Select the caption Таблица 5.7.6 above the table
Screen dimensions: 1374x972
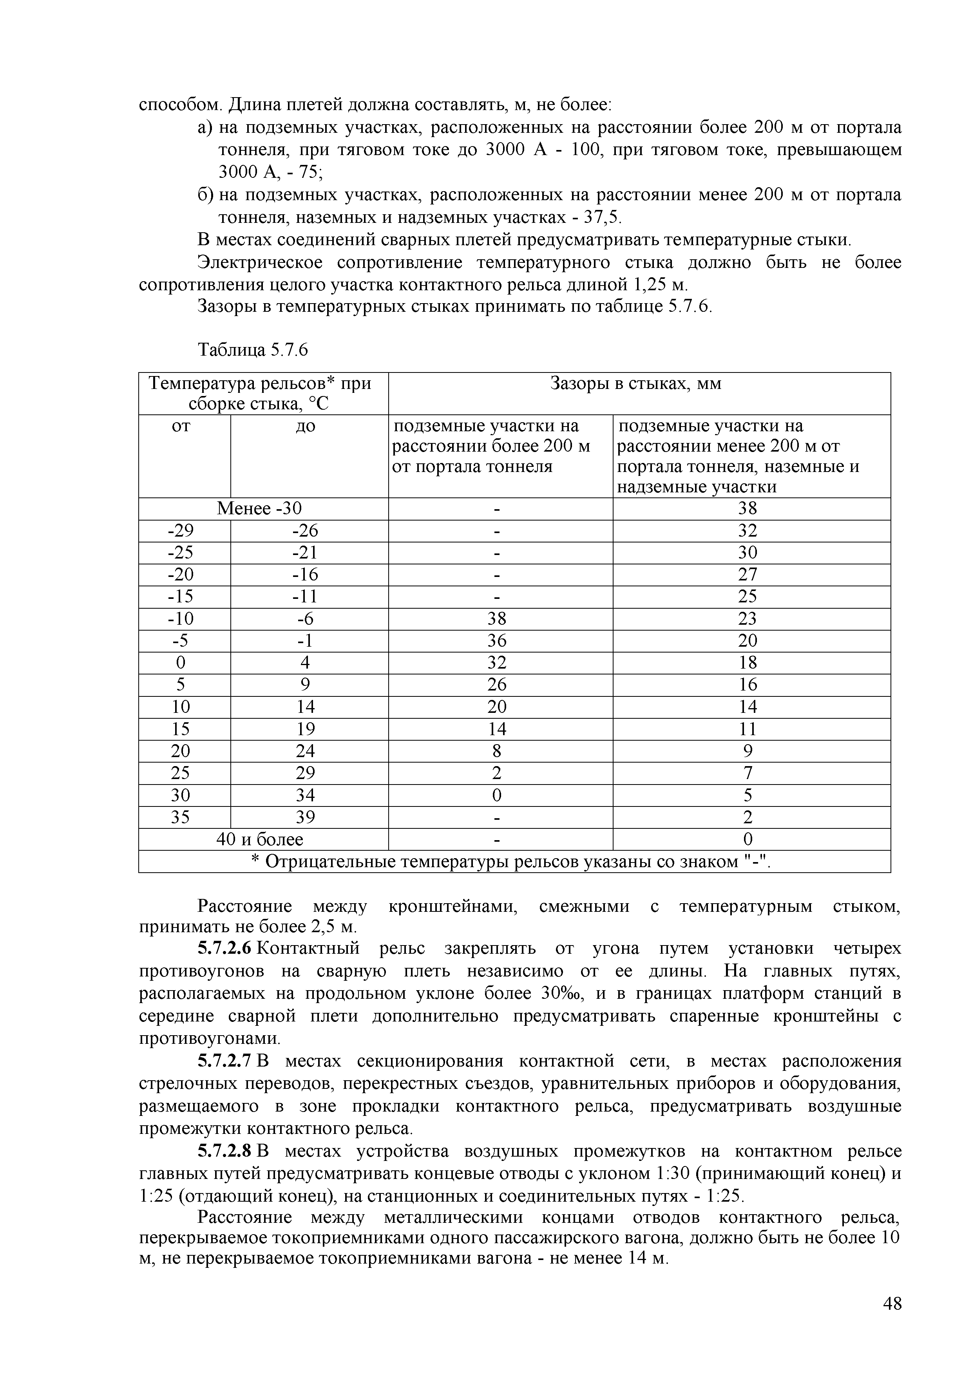[x=253, y=349]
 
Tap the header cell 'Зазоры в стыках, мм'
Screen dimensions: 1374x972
[x=635, y=383]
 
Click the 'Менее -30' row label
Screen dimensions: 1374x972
[x=259, y=509]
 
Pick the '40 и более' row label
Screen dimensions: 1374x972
[x=259, y=840]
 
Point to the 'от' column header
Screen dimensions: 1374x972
[x=181, y=426]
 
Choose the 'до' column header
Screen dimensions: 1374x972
[x=306, y=426]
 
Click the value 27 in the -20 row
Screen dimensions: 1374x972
[x=748, y=575]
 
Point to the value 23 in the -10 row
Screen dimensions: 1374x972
[x=748, y=619]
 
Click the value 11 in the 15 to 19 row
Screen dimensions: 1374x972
[x=748, y=729]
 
